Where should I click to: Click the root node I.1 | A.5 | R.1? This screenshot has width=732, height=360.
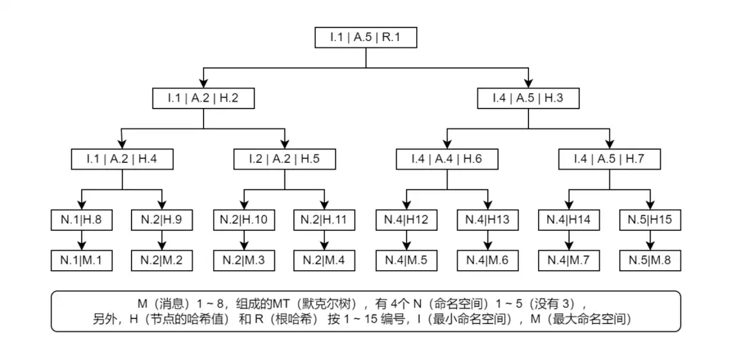coord(365,37)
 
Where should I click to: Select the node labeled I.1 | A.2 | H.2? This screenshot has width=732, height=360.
coord(203,98)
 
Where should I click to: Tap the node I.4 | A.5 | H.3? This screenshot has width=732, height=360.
coord(528,98)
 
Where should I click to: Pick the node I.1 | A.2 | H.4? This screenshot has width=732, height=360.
coord(122,159)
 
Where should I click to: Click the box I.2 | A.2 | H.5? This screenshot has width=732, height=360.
coord(284,159)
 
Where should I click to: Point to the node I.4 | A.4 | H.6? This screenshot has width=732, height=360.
coord(446,159)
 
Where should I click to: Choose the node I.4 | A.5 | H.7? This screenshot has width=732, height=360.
coord(609,159)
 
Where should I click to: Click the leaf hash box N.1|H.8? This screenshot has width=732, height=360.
coord(82,220)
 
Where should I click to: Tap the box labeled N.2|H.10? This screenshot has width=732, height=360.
coord(244,220)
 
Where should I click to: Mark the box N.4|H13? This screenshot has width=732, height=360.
coord(487,220)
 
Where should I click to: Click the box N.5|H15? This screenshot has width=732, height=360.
coord(650,220)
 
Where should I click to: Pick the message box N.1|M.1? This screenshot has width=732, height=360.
coord(82,260)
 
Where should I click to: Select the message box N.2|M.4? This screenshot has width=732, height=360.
coord(325,260)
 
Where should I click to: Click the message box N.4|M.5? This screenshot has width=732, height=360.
coord(406,260)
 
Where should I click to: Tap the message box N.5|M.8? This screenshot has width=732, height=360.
coord(650,260)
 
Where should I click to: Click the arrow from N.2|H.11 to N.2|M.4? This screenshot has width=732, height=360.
coord(325,241)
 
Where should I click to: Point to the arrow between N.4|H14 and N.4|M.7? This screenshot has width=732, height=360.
coord(568,241)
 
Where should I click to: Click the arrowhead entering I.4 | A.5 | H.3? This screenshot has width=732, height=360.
coord(528,83)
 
